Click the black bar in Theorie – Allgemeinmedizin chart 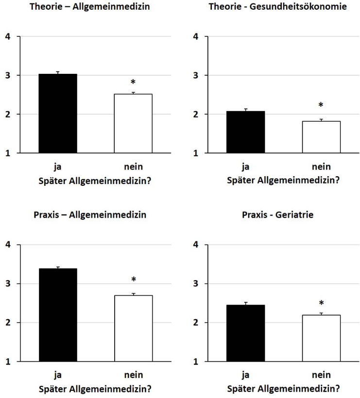click(x=58, y=114)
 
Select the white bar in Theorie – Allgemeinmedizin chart click(x=133, y=124)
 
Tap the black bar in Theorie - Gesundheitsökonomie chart click(x=246, y=132)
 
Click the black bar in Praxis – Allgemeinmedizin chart click(x=58, y=315)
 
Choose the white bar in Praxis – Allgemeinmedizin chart click(x=133, y=329)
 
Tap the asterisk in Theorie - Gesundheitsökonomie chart click(x=321, y=105)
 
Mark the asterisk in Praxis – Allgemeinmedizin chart click(x=133, y=280)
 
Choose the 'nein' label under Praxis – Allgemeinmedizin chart click(x=133, y=375)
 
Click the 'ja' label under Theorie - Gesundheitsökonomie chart click(x=246, y=167)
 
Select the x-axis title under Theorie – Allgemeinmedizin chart click(x=95, y=181)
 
